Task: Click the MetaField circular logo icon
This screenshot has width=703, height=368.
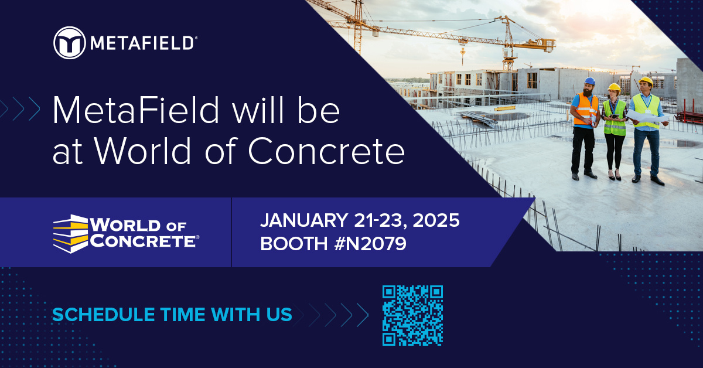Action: (x=69, y=43)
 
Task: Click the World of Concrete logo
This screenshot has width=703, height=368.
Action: (x=126, y=233)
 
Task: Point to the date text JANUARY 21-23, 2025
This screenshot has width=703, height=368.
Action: (x=360, y=221)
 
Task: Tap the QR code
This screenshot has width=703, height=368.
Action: (x=412, y=315)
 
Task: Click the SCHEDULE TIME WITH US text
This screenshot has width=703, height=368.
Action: (x=172, y=315)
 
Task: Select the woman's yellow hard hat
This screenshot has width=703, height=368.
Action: (x=614, y=87)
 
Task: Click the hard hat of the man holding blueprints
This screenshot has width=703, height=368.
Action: (x=646, y=81)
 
